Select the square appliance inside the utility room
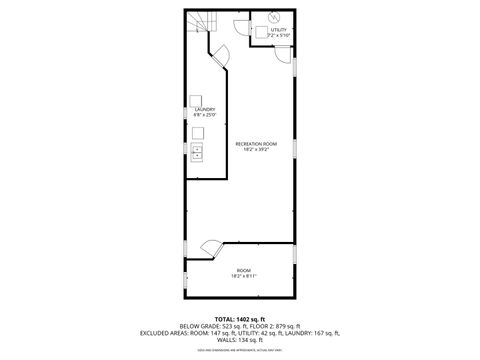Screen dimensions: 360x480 coord(259,32)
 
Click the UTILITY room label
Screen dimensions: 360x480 coord(278,30)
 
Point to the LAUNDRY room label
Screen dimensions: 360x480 coord(205,109)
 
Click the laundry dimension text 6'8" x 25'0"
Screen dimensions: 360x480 coord(205,115)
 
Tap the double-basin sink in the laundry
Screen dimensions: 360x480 coord(198,153)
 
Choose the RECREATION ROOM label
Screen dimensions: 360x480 coord(256,144)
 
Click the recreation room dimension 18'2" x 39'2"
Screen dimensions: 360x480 coord(256,150)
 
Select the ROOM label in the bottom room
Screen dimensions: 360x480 coord(244,270)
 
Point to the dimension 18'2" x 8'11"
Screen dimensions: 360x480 coord(244,276)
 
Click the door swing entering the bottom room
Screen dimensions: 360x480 coord(211,247)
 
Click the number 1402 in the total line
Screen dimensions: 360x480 coord(241,318)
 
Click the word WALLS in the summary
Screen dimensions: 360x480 coord(224,340)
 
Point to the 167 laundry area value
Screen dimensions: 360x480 coord(320,333)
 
